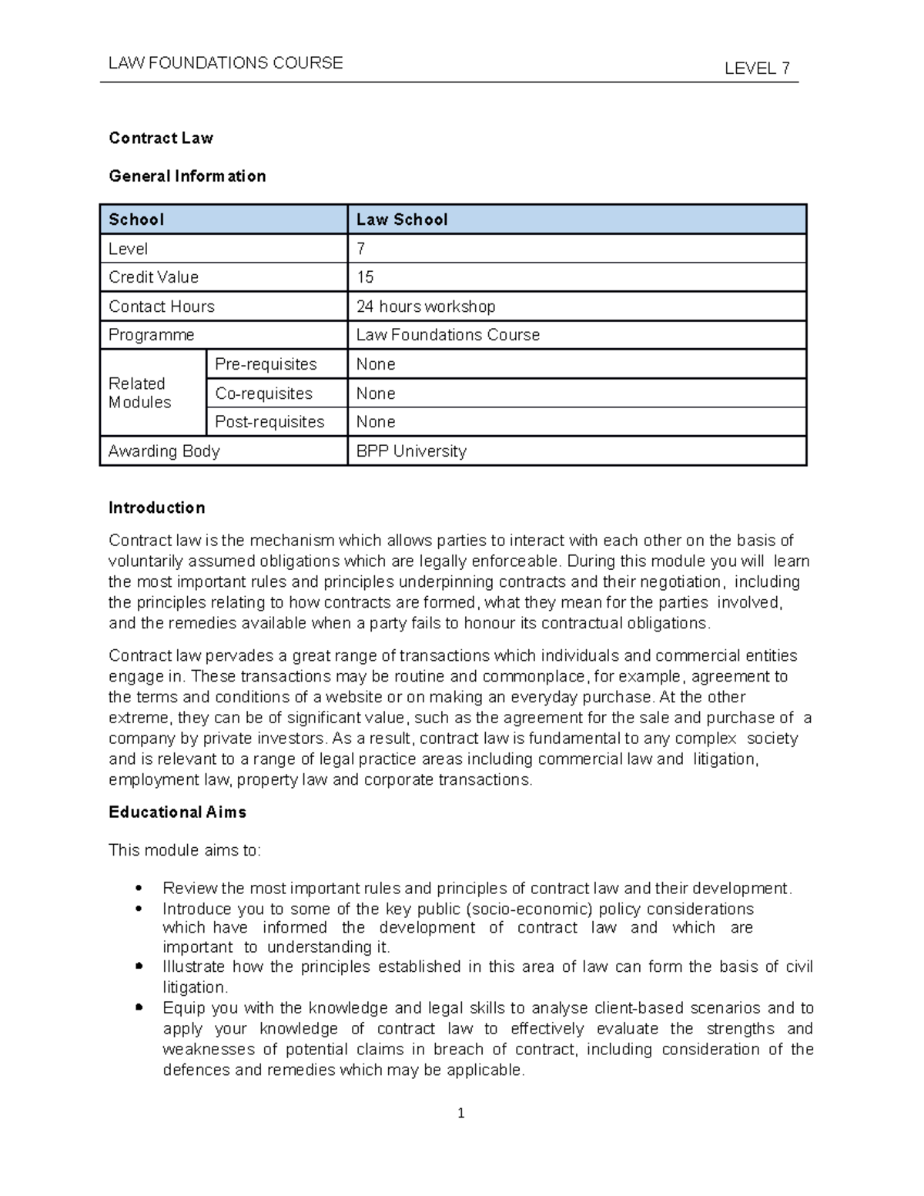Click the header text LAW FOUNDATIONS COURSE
226,63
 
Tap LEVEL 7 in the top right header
756,69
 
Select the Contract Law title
161,138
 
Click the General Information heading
187,176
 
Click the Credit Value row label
153,277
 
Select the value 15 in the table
365,277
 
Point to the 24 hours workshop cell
426,307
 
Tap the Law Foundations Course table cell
447,335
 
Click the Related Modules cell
139,393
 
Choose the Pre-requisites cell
266,364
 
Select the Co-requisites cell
263,394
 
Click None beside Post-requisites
376,422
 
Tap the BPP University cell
411,451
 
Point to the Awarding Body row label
164,451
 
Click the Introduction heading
156,508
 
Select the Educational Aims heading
177,812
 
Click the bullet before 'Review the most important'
139,888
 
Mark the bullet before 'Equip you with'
139,1007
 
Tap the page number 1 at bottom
460,1114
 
